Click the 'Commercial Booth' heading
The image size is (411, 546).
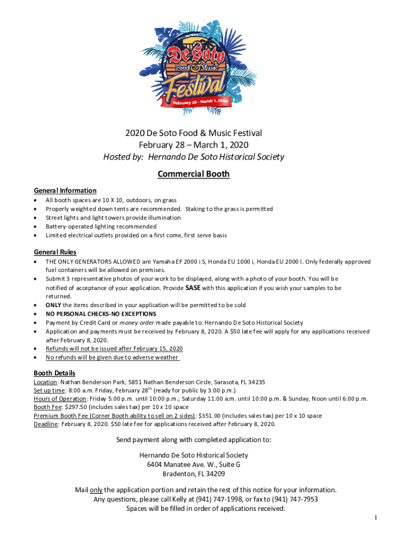coord(194,174)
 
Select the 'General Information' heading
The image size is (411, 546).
coord(65,190)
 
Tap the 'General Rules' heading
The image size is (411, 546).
coord(55,252)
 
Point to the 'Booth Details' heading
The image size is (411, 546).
coord(54,373)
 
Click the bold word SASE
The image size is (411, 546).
coord(193,287)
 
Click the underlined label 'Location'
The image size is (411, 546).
coord(45,382)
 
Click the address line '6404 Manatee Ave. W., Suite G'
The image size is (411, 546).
coord(194,464)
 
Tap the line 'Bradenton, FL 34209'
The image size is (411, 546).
coord(194,473)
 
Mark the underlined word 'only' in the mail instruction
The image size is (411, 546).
coord(96,489)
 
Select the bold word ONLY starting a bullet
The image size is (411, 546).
coord(54,305)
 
